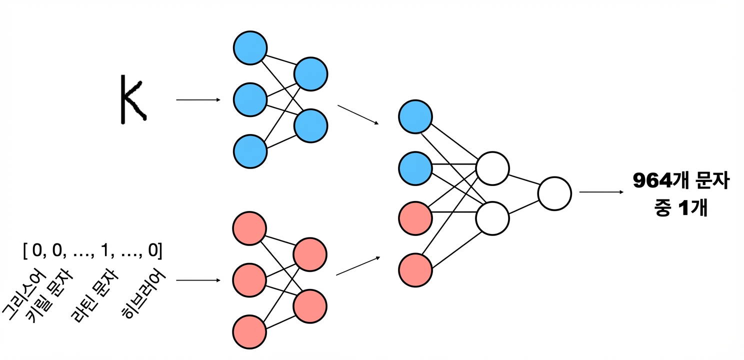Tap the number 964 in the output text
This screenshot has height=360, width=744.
[652, 181]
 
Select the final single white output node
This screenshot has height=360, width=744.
[554, 193]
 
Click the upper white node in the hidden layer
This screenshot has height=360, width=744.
[492, 168]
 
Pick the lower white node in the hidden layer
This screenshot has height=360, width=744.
[492, 218]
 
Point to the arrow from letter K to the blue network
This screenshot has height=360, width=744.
[198, 99]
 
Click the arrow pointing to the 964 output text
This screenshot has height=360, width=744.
[601, 192]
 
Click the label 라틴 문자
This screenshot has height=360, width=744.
[94, 295]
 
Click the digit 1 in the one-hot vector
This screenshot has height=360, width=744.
[105, 250]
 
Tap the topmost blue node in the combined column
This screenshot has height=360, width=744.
[415, 117]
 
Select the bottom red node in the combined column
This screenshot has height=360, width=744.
[415, 270]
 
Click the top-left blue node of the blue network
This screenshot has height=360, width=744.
[250, 48]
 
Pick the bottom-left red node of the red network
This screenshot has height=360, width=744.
[249, 332]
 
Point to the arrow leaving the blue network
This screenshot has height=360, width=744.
[358, 115]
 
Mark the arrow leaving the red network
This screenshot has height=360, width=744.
[358, 265]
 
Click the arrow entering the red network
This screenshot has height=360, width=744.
[198, 280]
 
